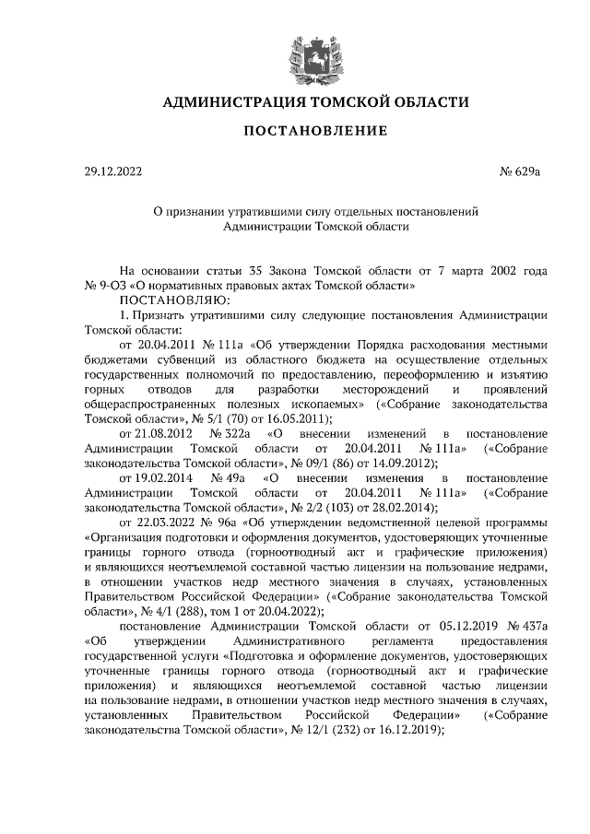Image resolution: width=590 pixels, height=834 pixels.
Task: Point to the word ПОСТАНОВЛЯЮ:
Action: pos(168,300)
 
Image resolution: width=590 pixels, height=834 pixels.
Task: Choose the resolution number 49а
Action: pos(230,479)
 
